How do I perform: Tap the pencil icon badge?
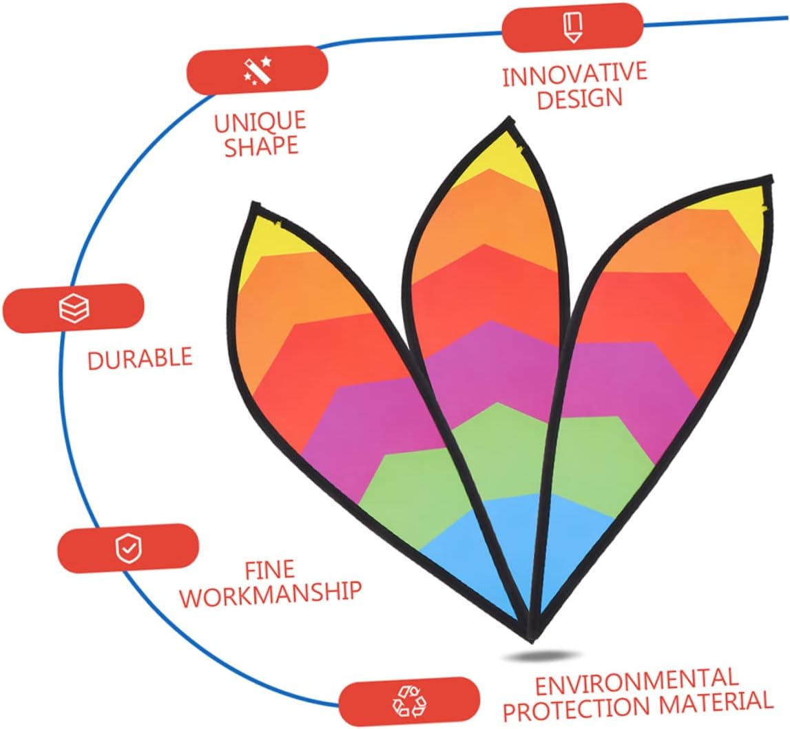572,27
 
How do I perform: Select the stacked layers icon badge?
74,308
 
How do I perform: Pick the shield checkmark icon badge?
128,548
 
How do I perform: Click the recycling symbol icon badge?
409,701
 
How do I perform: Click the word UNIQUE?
260,123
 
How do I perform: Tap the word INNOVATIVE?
575,74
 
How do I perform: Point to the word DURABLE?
140,359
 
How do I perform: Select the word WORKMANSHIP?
271,593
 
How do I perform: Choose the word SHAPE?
262,147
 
